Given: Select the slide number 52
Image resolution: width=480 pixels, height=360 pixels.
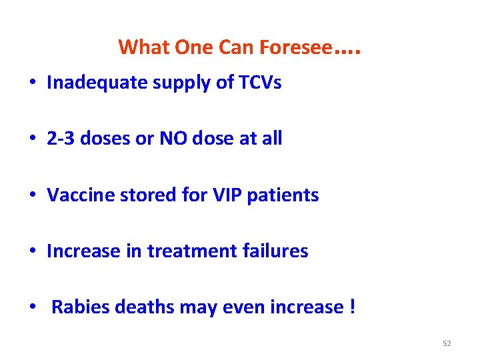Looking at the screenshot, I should (x=447, y=343).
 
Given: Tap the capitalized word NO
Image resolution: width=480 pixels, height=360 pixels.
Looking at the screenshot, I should (x=168, y=139).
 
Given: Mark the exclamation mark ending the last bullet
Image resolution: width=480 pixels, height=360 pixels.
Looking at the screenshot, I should (x=351, y=307).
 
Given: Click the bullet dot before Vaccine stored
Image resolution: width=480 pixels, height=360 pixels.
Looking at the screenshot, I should (x=33, y=196).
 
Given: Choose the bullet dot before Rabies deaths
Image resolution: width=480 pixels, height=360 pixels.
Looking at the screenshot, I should (x=33, y=308).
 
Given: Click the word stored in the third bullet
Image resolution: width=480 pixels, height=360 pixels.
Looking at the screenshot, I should (x=139, y=195).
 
